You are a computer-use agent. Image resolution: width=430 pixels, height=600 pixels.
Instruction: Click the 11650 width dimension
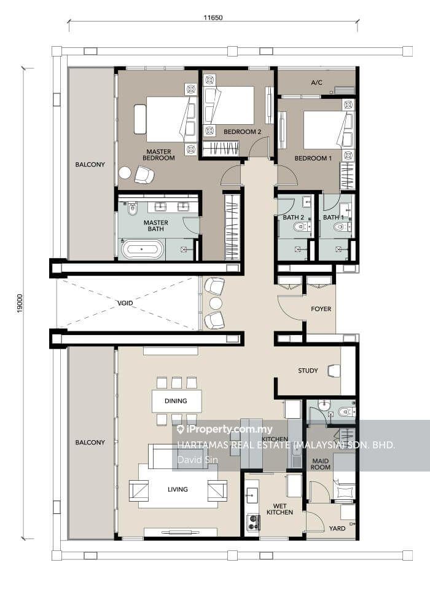[213, 17]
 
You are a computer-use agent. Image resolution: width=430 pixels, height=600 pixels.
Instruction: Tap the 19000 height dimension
[20, 303]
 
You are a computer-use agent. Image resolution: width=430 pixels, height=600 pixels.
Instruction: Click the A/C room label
[316, 82]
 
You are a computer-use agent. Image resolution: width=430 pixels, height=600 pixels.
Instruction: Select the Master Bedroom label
[158, 154]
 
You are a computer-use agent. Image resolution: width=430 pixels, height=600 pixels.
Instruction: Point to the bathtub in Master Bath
[142, 249]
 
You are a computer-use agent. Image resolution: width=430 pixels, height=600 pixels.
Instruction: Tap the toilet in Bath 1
[341, 227]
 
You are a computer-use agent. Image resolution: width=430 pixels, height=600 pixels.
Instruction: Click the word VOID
[125, 303]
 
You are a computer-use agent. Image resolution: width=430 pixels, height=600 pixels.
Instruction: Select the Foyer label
[321, 309]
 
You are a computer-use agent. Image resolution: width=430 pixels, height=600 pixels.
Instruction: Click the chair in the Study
[334, 371]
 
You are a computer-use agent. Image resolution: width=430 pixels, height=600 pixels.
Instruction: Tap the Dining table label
[176, 401]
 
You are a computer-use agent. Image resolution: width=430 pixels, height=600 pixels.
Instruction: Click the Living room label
[178, 489]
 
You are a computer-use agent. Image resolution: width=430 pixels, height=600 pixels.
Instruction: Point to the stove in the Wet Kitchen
[254, 523]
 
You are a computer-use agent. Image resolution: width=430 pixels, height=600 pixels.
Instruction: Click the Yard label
[337, 529]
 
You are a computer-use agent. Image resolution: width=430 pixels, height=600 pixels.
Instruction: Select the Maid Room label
[320, 464]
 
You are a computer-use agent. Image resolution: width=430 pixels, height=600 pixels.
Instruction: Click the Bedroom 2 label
[242, 132]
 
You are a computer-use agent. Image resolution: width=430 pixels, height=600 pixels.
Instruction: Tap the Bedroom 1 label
[313, 158]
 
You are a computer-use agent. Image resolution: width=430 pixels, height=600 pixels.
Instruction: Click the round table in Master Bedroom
[125, 173]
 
